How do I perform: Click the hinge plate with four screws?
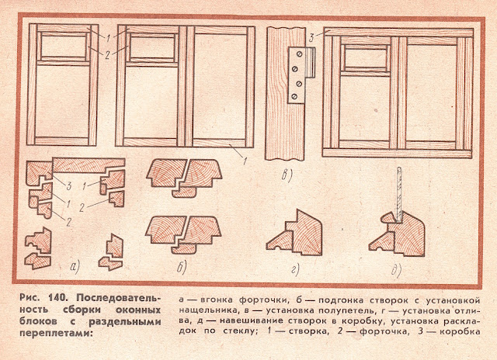pyautogui.click(x=300, y=74)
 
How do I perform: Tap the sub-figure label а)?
pyautogui.click(x=75, y=268)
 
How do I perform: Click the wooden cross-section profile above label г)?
pyautogui.click(x=300, y=231)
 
